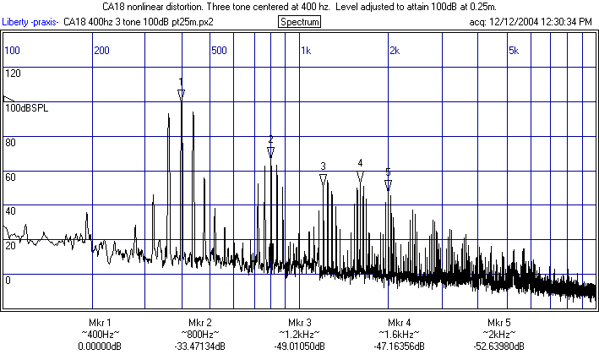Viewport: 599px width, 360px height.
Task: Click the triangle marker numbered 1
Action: pyautogui.click(x=181, y=95)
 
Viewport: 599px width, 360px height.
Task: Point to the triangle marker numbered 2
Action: pyautogui.click(x=270, y=152)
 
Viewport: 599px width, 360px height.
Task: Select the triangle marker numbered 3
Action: pyautogui.click(x=323, y=179)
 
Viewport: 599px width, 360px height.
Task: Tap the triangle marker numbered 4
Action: pyautogui.click(x=360, y=177)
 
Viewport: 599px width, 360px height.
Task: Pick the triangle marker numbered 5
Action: pyautogui.click(x=388, y=185)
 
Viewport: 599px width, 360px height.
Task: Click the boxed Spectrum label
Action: pyautogui.click(x=299, y=21)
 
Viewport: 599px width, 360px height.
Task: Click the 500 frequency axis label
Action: pyautogui.click(x=219, y=51)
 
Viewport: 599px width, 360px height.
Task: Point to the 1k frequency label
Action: pyautogui.click(x=306, y=51)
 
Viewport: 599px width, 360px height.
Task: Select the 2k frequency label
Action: pyautogui.click(x=394, y=51)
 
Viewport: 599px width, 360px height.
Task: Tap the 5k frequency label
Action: pyautogui.click(x=513, y=51)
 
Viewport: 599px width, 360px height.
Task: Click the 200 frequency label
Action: pyautogui.click(x=101, y=51)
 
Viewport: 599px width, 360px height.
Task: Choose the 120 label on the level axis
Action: pyautogui.click(x=13, y=74)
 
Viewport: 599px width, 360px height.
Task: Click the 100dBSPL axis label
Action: pyautogui.click(x=28, y=108)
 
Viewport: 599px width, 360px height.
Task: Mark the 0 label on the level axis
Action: pyautogui.click(x=8, y=280)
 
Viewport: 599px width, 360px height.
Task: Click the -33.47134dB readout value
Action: pyautogui.click(x=199, y=346)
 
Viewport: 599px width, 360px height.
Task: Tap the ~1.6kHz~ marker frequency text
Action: pyautogui.click(x=400, y=335)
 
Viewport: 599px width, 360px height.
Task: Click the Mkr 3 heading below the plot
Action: pyautogui.click(x=300, y=323)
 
